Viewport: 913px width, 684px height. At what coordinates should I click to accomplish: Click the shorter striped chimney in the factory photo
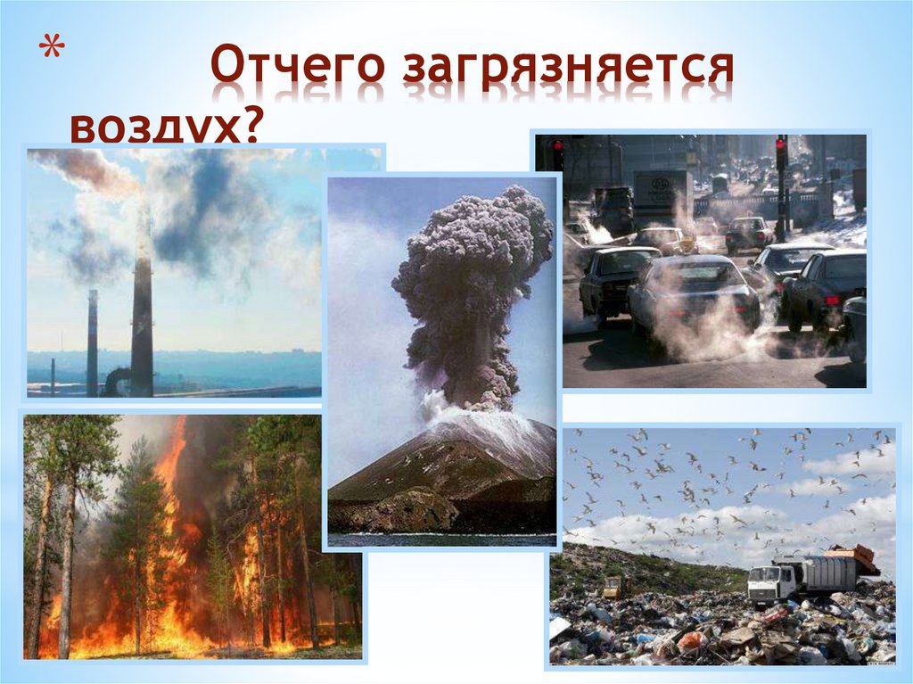point(93,343)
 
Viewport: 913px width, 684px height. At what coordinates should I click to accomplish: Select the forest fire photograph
point(192,536)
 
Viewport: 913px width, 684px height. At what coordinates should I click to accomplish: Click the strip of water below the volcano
point(441,540)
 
